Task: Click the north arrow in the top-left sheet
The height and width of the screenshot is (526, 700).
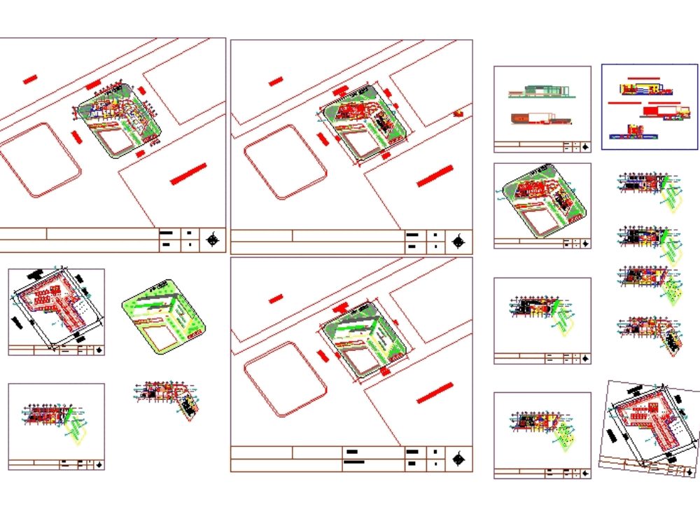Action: pos(213,240)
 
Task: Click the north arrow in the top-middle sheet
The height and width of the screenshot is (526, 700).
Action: pos(459,242)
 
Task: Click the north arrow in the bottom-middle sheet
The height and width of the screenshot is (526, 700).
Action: pos(459,459)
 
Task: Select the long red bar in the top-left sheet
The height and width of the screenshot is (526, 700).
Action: pos(188,174)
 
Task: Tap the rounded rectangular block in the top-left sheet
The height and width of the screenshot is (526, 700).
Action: pos(41,160)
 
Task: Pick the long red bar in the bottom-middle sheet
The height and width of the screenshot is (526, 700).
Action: pos(435,393)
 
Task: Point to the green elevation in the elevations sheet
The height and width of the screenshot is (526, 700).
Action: pos(540,90)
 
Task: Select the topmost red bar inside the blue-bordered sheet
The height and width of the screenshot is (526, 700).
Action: pos(650,78)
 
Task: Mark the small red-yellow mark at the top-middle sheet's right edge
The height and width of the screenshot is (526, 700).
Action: pos(458,113)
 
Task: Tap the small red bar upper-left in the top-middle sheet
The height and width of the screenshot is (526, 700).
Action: pos(276,81)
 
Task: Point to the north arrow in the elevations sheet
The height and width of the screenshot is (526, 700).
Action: pos(585,146)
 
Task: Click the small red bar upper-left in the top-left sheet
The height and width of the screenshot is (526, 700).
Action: pos(29,80)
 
